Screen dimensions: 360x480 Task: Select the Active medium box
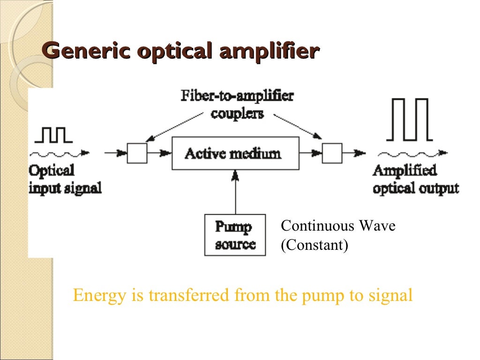[x=235, y=153]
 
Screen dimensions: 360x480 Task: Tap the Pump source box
[x=235, y=235]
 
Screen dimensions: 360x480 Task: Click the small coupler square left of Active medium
[x=137, y=153]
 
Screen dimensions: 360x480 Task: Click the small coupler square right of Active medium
[x=332, y=153]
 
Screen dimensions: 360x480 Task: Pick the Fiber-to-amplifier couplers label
[x=237, y=105]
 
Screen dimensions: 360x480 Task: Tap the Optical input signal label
[x=65, y=179]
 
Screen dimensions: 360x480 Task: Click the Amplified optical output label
[x=415, y=179]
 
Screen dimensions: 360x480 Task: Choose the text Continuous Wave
[x=338, y=226]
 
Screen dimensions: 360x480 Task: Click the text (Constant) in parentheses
[x=314, y=245]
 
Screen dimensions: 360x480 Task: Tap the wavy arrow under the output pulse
[x=412, y=153]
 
